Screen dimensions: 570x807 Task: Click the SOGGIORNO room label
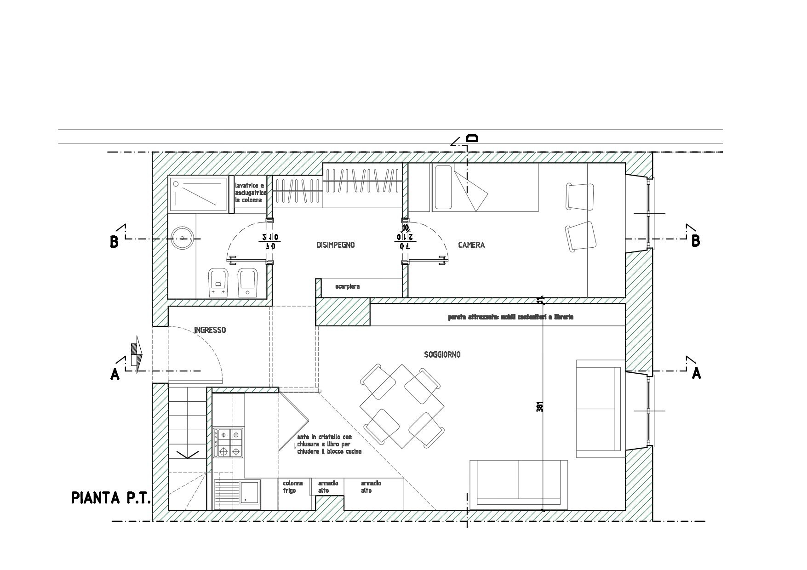coord(442,354)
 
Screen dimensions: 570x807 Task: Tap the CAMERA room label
coord(471,245)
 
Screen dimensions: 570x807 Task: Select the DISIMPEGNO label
coord(336,245)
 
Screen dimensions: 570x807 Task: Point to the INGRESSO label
coord(210,330)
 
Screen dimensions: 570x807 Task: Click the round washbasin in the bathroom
coord(183,238)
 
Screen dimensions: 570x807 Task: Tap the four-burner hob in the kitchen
coord(228,442)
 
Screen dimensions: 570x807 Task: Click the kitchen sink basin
coord(249,494)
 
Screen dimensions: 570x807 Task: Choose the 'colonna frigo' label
coord(293,487)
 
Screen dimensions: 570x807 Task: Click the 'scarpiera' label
coord(347,287)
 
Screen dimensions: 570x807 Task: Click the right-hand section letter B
coord(696,241)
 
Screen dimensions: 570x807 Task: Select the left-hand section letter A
coord(115,375)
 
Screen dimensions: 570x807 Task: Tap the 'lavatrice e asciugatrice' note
coord(251,193)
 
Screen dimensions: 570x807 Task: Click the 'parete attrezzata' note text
coord(510,317)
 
